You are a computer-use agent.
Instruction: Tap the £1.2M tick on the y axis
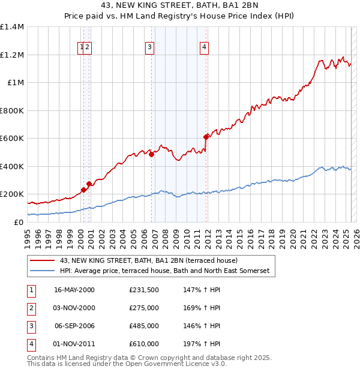tap(11, 55)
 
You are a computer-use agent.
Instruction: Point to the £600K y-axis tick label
tap(11, 138)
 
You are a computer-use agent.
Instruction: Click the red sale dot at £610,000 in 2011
tap(206, 137)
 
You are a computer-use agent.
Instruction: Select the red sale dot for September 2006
tap(152, 154)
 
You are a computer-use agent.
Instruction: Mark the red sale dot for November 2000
tap(89, 184)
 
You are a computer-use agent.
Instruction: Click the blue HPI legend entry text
tap(164, 271)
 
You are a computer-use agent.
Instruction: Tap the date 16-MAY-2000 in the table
tap(74, 290)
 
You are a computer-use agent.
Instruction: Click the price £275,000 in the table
tap(144, 308)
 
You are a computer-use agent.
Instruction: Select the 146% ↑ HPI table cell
tap(200, 326)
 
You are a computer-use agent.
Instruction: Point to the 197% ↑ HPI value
tap(200, 344)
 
